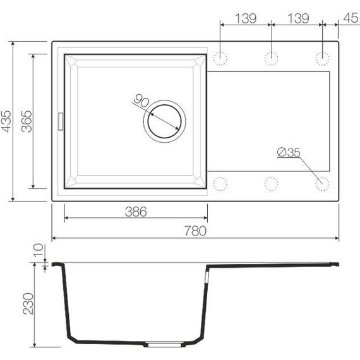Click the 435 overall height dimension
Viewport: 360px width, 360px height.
[x=6, y=121]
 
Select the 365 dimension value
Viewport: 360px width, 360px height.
[x=26, y=121]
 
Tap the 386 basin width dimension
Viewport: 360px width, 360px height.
[x=135, y=212]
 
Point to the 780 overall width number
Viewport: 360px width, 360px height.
[x=195, y=231]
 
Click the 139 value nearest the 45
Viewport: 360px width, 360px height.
[x=296, y=18]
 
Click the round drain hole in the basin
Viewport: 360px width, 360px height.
[x=165, y=118]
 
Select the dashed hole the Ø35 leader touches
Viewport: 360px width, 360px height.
[x=322, y=184]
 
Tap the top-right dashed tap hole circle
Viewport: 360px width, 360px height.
[x=322, y=59]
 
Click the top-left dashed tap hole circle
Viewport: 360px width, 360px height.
[x=220, y=59]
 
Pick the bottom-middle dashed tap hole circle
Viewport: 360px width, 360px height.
[x=271, y=184]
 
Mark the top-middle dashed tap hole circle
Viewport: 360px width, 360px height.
[x=271, y=59]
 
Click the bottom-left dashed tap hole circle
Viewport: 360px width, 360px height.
[x=220, y=184]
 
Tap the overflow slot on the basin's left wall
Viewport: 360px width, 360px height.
[x=61, y=120]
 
